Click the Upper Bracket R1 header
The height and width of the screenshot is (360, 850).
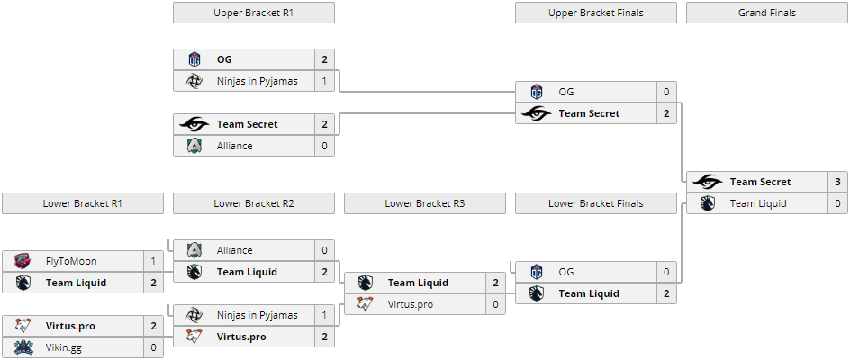pyautogui.click(x=253, y=13)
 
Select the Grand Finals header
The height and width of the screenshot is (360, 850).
pyautogui.click(x=766, y=13)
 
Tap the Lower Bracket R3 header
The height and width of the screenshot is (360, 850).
pyautogui.click(x=424, y=203)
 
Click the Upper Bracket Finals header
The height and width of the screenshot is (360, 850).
pyautogui.click(x=595, y=13)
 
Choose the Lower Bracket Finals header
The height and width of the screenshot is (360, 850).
pyautogui.click(x=595, y=203)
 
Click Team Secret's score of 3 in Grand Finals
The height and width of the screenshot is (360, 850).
pyautogui.click(x=837, y=182)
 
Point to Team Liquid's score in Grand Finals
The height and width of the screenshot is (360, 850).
pyautogui.click(x=837, y=203)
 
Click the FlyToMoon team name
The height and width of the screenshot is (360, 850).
pyautogui.click(x=71, y=261)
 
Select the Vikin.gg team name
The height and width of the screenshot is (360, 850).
pyautogui.click(x=63, y=347)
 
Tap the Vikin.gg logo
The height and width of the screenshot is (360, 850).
pyautogui.click(x=23, y=347)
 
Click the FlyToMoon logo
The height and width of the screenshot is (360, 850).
pyautogui.click(x=23, y=261)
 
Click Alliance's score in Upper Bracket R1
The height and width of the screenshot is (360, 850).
pyautogui.click(x=324, y=146)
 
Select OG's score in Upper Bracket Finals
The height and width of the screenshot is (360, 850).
pyautogui.click(x=666, y=92)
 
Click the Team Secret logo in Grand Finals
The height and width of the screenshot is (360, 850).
pyautogui.click(x=708, y=182)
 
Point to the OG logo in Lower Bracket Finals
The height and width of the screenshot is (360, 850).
pyautogui.click(x=537, y=272)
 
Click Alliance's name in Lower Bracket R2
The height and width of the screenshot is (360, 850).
pyautogui.click(x=234, y=250)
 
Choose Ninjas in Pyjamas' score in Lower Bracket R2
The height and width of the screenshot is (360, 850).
pyautogui.click(x=324, y=315)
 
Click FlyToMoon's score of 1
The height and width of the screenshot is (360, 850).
pyautogui.click(x=153, y=261)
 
